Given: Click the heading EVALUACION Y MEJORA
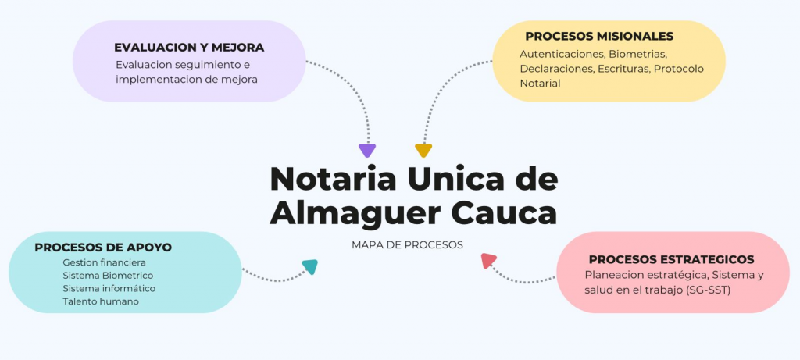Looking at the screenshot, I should pos(189,47).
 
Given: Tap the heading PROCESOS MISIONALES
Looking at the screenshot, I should pos(599,36).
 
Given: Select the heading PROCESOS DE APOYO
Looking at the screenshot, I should pos(103,247).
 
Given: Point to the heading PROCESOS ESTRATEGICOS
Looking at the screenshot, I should pos(671,259).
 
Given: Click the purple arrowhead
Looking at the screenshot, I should pos(367,151).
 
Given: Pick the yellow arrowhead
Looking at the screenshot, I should pos(423,151).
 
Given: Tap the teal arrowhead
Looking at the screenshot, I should pos(310,267).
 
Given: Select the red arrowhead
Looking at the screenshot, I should pos(489,261).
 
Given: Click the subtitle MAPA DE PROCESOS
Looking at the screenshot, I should pos(407,244).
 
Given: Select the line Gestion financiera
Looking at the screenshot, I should pos(104,262).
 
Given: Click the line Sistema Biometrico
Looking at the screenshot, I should pos(108,276).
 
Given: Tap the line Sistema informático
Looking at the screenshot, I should pos(109,288).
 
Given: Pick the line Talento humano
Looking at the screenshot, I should pos(101,301).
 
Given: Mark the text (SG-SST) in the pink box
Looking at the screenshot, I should pos(708,290).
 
